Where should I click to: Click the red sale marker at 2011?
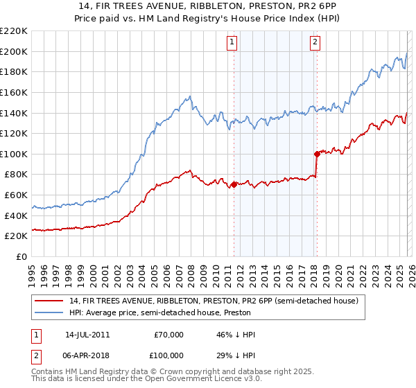234,184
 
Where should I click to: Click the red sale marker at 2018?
317,154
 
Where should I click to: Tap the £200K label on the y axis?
14,51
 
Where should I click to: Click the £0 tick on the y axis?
21,257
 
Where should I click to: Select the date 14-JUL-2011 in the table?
87,335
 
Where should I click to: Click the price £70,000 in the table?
169,335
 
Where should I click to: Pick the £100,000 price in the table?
166,354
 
